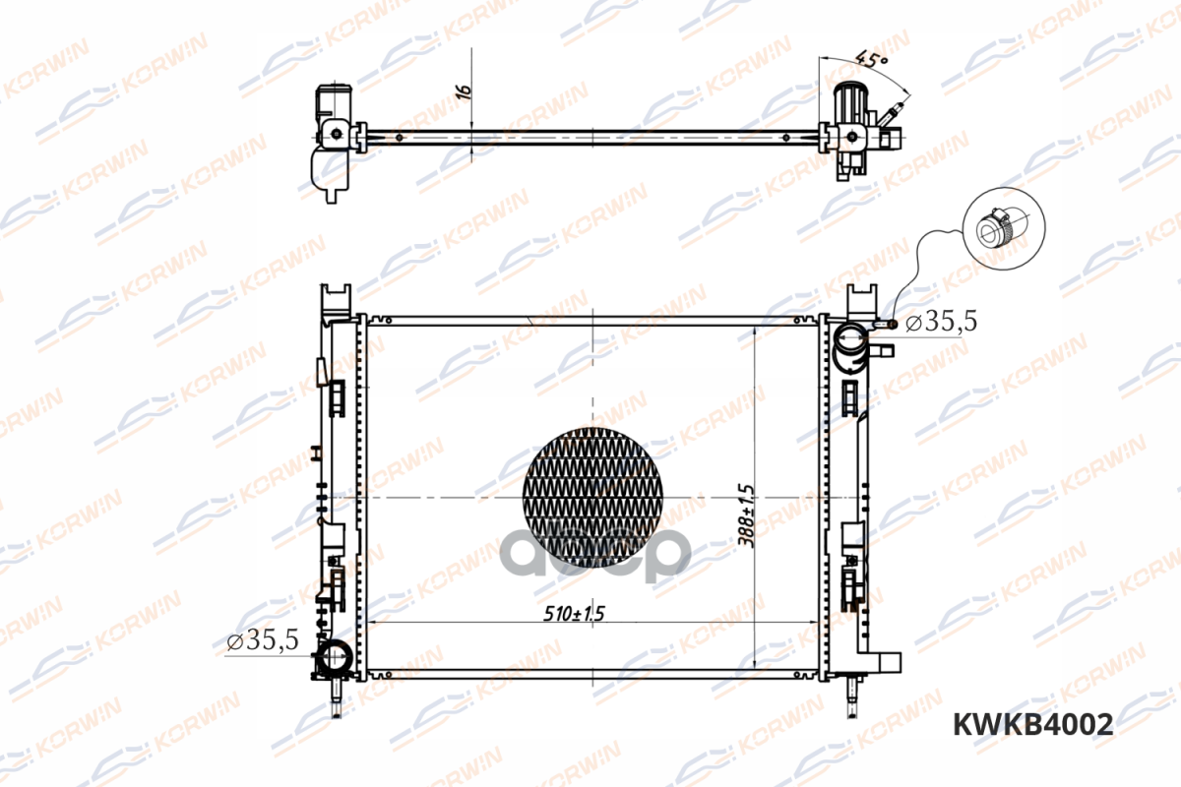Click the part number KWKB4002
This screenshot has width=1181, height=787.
1032,724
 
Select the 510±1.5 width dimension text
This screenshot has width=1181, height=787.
574,613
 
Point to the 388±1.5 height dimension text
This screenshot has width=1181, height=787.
746,516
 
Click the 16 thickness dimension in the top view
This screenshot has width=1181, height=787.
464,91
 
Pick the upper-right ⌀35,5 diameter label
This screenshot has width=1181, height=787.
941,321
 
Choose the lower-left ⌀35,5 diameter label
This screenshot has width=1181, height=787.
263,640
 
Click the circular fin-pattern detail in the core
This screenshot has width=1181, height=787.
592,498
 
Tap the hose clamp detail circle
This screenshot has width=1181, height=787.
1004,229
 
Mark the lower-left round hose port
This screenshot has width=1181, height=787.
335,657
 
